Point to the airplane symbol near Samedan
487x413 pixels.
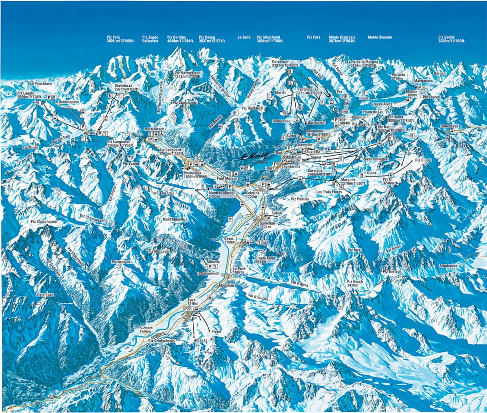point(230,218)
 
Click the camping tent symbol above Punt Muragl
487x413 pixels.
point(237,173)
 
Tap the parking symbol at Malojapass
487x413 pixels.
point(420,87)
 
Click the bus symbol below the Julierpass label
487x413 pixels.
point(451,131)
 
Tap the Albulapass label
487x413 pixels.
point(448,265)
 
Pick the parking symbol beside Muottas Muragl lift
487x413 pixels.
point(230,187)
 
